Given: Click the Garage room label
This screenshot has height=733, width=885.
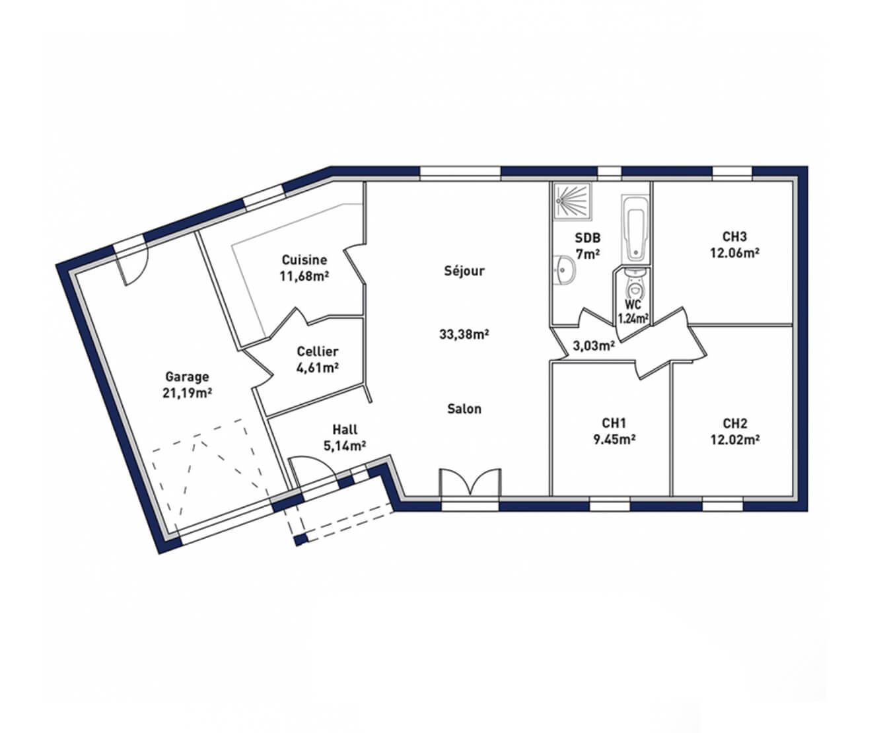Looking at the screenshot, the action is (x=187, y=376).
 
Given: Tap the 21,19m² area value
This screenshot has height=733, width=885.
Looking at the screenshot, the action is (x=188, y=393).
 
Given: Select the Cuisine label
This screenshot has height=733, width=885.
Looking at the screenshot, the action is (x=304, y=260).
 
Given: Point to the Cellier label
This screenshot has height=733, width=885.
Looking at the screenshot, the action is (x=318, y=351).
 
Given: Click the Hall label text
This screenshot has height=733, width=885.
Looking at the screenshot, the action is (x=345, y=429).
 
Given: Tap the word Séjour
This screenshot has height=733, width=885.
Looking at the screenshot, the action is (x=464, y=271).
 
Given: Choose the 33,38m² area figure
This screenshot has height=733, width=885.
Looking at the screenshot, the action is (x=464, y=335).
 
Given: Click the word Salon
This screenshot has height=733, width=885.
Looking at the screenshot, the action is (x=464, y=409).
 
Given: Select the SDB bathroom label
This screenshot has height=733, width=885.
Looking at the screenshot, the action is (x=587, y=238).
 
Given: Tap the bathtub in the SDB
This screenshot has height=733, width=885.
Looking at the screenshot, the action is (x=635, y=229).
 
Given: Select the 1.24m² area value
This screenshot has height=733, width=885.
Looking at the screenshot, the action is (x=633, y=318).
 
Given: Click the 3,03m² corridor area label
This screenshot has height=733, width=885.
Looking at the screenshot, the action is (x=594, y=346).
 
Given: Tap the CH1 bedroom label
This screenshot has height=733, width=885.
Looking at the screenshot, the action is (x=614, y=423).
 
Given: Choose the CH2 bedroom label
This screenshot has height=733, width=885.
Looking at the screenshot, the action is (x=734, y=423).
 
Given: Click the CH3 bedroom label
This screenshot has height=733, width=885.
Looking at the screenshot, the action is (x=734, y=236).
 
